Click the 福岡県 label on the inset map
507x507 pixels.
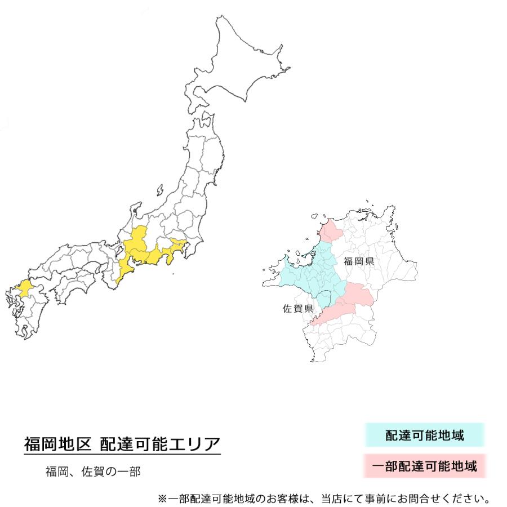click(359, 261)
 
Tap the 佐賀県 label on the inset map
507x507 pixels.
click(297, 308)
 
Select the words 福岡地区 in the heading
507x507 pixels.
click(57, 444)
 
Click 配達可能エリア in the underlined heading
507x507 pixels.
click(160, 444)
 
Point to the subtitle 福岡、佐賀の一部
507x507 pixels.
click(93, 471)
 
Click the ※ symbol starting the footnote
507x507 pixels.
click(162, 499)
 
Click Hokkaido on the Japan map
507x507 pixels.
click(242, 68)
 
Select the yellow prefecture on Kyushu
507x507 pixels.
click(24, 288)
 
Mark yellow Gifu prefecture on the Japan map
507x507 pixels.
click(137, 239)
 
